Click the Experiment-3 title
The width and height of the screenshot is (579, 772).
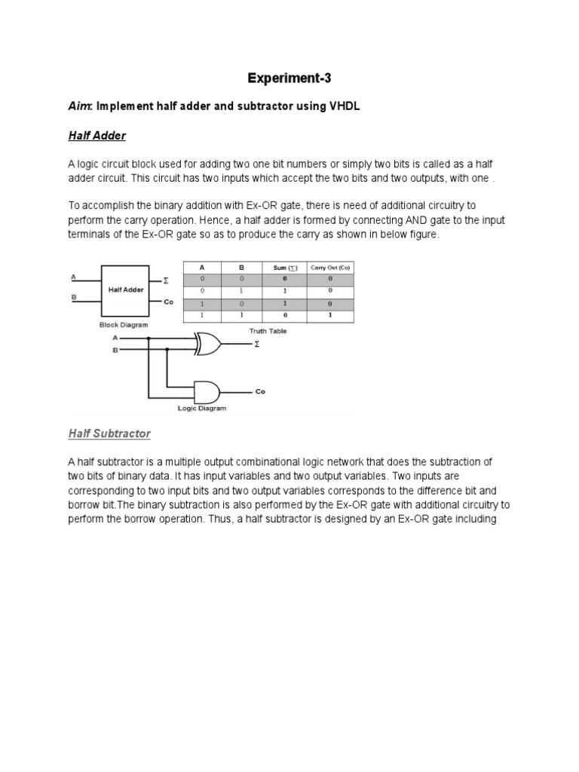coord(289,78)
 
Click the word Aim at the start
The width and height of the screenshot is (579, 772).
coord(78,107)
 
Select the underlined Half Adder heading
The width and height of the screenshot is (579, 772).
coord(96,136)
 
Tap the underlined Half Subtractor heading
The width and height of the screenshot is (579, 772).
coord(109,433)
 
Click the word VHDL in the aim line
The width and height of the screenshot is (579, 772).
coord(345,107)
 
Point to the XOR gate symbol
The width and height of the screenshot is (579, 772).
coord(207,345)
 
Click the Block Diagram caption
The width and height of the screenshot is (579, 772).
coord(124,324)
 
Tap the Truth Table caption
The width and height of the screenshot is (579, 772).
coord(268,330)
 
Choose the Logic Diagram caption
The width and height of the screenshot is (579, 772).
coord(201,409)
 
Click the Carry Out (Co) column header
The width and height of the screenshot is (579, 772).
coord(330,267)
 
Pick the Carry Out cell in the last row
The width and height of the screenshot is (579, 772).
coord(330,315)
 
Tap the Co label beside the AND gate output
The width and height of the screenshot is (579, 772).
coord(260,392)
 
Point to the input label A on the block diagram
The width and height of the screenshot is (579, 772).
coord(73,277)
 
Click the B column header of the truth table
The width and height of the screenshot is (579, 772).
coord(240,267)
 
